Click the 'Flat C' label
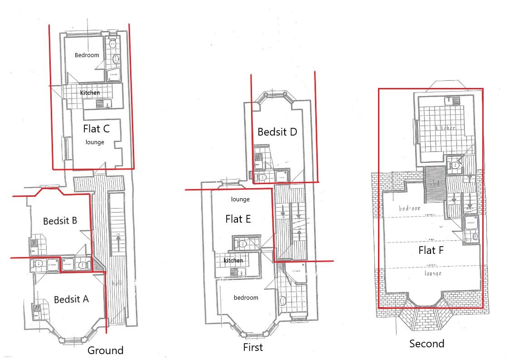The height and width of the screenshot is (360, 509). pyautogui.click(x=96, y=129)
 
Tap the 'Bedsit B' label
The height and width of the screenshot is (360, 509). pyautogui.click(x=60, y=221)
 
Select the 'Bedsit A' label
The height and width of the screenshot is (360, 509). pyautogui.click(x=71, y=299)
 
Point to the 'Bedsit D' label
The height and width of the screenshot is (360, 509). pyautogui.click(x=277, y=132)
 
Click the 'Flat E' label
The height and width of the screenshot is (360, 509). pyautogui.click(x=238, y=219)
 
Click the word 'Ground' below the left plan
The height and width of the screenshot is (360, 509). pyautogui.click(x=105, y=350)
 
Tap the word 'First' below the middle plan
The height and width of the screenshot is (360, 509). pyautogui.click(x=252, y=348)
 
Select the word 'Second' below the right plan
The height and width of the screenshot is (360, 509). pyautogui.click(x=427, y=344)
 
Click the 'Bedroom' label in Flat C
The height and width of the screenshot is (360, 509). pyautogui.click(x=87, y=55)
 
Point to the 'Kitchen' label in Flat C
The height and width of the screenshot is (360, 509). pyautogui.click(x=90, y=93)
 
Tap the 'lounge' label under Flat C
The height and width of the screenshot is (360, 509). pyautogui.click(x=95, y=142)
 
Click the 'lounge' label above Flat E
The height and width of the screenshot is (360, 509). pyautogui.click(x=240, y=199)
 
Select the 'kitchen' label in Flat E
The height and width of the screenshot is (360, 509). pyautogui.click(x=233, y=261)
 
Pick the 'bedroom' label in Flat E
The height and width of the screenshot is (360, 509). pyautogui.click(x=246, y=298)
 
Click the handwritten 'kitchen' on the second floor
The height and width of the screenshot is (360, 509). pyautogui.click(x=445, y=128)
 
